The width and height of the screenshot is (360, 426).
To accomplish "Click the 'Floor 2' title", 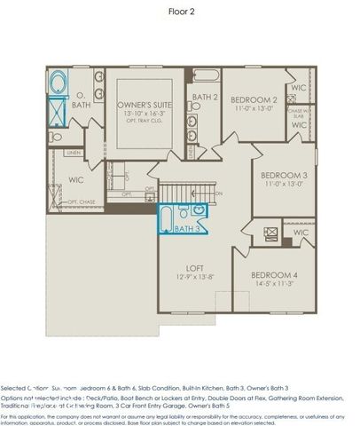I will pyautogui.click(x=181, y=11).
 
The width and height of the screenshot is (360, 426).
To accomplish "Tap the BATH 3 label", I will pyautogui.click(x=186, y=229).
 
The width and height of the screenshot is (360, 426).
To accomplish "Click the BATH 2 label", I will pyautogui.click(x=206, y=98).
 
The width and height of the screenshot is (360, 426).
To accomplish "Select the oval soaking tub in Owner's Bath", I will pyautogui.click(x=59, y=85).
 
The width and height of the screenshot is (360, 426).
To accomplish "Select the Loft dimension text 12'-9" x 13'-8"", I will pyautogui.click(x=193, y=277).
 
